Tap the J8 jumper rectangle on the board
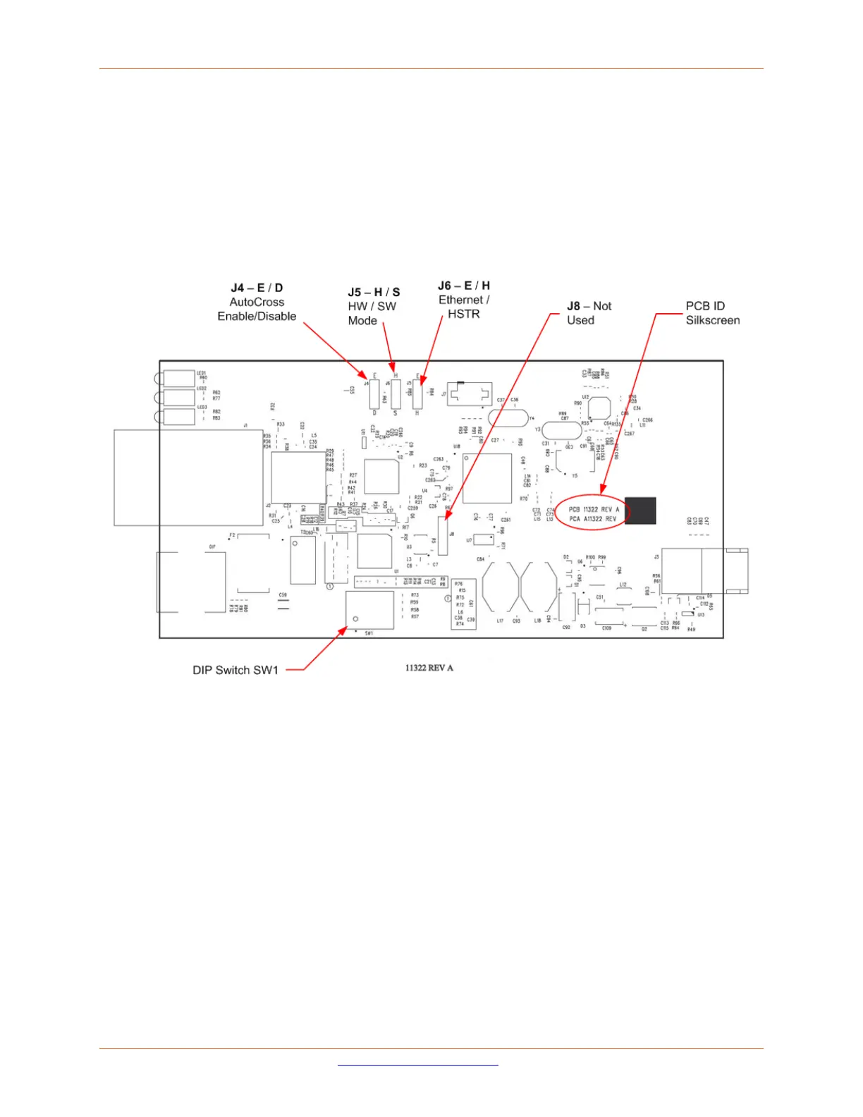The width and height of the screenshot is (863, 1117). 443,535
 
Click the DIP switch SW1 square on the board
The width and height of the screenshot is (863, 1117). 369,609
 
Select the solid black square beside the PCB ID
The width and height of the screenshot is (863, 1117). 640,511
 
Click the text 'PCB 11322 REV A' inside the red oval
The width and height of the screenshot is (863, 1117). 594,509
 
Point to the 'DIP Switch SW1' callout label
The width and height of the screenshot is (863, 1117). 235,670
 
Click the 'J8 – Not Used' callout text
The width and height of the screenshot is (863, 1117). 589,313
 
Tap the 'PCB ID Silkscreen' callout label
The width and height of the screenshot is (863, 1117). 713,313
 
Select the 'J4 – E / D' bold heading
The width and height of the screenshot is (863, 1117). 257,288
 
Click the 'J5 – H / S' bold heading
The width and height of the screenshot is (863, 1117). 374,292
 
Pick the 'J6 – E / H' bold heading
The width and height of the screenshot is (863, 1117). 464,286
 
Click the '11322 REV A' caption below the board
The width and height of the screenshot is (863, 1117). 429,668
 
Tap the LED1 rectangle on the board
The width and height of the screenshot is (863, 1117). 178,378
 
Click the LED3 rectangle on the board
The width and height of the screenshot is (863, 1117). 178,417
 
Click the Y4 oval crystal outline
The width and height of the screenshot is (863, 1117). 508,417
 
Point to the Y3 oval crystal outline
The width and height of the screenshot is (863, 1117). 561,430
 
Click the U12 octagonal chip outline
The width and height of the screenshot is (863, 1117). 599,408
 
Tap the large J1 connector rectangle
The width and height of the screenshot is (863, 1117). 188,477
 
